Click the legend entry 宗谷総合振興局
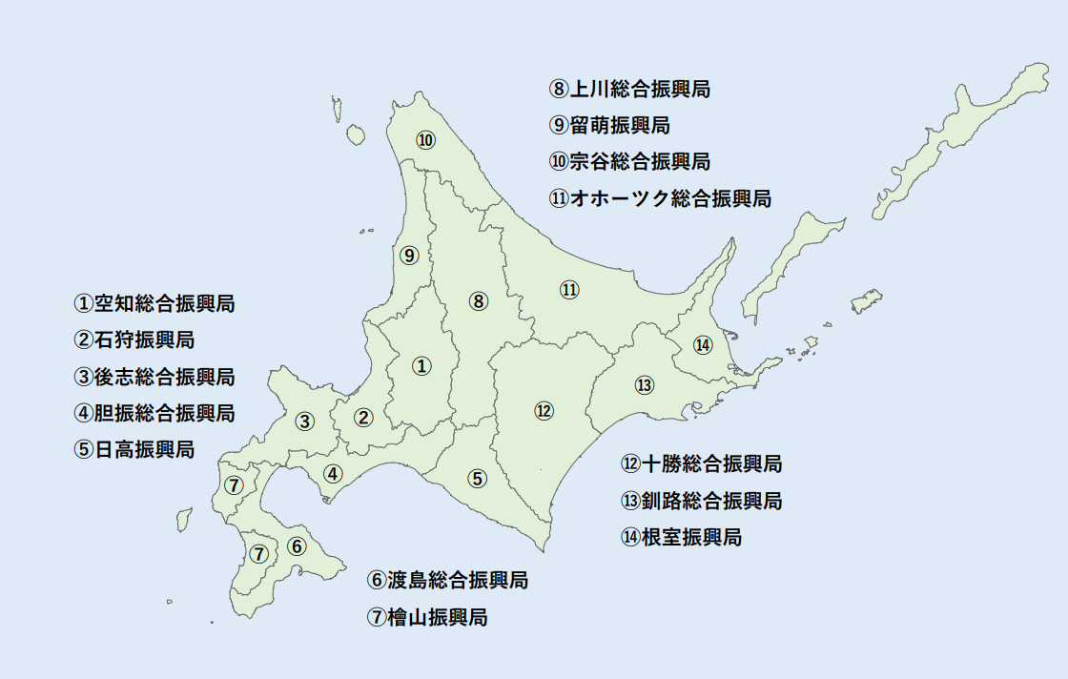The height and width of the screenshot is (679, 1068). point(630,161)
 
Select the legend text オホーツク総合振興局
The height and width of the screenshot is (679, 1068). point(661,199)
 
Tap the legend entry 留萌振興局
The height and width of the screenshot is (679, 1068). point(610,125)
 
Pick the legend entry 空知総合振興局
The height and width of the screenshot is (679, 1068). point(154,304)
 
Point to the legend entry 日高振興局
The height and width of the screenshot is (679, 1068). point(134,449)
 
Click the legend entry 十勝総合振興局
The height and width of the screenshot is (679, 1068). point(702,464)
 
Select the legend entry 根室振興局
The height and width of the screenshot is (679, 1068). point(681,537)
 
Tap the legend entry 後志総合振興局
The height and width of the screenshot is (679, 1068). point(154,377)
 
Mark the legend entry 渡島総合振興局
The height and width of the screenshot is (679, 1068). point(447,580)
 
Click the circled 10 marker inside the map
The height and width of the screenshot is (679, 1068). point(425,140)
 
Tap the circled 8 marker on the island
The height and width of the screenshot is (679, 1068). point(479,301)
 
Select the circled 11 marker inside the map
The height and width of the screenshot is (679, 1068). point(569,290)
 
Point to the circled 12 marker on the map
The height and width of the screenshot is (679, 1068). point(544,411)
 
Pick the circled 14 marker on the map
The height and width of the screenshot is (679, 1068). point(703,344)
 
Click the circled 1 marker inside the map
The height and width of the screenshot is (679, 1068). point(421,365)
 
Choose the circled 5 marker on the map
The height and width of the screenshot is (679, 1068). point(478,479)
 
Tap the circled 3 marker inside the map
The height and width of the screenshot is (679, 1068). point(304,421)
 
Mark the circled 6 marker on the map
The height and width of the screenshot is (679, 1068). point(297,546)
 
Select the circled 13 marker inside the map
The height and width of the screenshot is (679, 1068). point(645,385)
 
